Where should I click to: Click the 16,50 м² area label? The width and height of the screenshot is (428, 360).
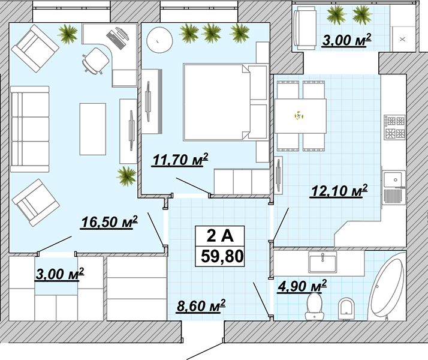[110, 222]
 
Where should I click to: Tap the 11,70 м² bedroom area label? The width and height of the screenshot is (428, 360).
[180, 160]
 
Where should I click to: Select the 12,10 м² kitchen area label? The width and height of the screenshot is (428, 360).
[339, 190]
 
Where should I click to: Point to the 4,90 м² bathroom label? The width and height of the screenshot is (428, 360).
[302, 286]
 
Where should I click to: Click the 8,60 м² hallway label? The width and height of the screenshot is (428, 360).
[201, 305]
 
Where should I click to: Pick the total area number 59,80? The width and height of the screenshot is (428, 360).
[222, 256]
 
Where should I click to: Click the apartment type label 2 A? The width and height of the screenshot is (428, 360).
[220, 235]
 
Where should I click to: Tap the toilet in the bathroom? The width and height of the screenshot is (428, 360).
[314, 307]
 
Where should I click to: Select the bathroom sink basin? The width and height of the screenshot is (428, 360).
[322, 262]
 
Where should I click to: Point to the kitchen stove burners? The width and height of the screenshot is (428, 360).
[394, 127]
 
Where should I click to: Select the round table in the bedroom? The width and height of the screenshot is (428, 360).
[159, 40]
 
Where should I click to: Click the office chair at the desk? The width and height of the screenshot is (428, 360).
[95, 61]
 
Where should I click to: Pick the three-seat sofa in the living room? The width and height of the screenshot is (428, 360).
[30, 129]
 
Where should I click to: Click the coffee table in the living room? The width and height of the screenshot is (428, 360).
[93, 129]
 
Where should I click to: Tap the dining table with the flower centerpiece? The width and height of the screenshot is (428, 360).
[300, 116]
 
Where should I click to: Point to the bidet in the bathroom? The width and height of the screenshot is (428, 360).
[346, 308]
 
